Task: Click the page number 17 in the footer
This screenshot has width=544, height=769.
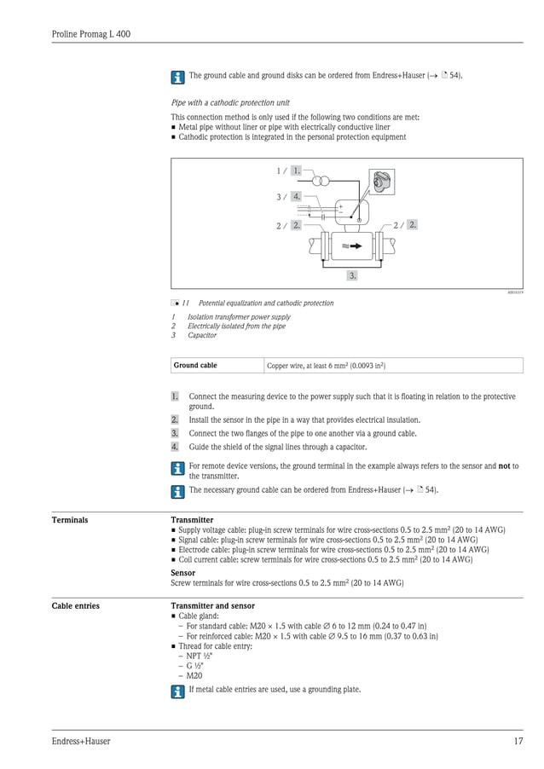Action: coord(518,742)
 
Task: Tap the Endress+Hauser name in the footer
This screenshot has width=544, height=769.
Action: coord(81,742)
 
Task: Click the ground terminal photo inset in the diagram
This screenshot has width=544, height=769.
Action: coord(382,182)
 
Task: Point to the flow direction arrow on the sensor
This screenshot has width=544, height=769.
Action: coord(352,246)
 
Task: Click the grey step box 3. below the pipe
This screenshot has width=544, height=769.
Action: coord(352,275)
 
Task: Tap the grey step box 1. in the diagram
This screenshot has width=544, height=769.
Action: coord(296,171)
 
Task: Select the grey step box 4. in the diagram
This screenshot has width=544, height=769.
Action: coord(296,197)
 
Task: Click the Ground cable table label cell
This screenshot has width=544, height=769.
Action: coord(195,366)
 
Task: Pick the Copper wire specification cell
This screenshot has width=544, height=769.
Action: coord(326,366)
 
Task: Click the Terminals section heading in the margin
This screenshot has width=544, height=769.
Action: coord(70,519)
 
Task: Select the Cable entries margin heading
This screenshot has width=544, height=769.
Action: coord(75,606)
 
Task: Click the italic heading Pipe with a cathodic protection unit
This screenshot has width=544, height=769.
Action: coord(230,102)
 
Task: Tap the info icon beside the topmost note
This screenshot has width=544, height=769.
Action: coord(177,77)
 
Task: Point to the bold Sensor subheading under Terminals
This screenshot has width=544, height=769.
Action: coord(182,573)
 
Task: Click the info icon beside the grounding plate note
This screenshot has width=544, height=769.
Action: coord(177,691)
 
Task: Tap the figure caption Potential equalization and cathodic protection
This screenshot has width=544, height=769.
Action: coord(266,303)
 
